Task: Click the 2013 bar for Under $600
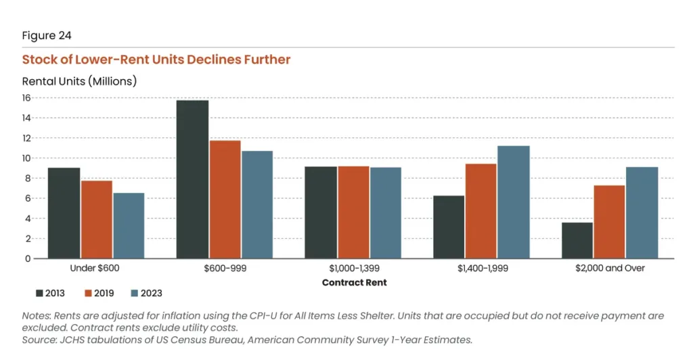pos(64,213)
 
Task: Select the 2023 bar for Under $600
pos(129,226)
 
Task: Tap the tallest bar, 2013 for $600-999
pos(192,179)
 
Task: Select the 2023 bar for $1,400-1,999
pos(514,202)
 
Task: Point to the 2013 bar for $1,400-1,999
pos(449,227)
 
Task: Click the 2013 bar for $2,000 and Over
pos(577,240)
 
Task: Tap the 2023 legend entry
pos(146,293)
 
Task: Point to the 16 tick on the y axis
pos(26,98)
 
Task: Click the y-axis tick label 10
pos(26,158)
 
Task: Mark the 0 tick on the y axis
pos(28,258)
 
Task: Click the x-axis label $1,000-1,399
pos(353,269)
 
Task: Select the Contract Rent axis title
pos(354,282)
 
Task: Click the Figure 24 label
pos(47,35)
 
